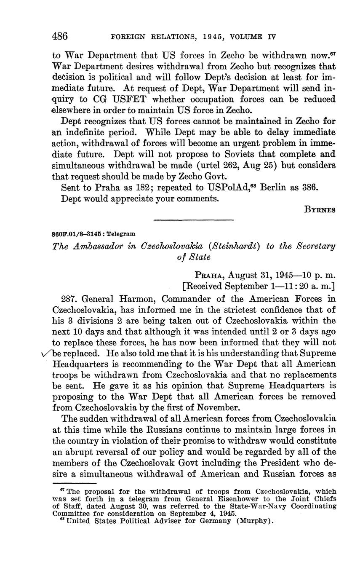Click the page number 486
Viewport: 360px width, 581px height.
pyautogui.click(x=60, y=36)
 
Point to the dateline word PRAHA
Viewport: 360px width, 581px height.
pyautogui.click(x=209, y=275)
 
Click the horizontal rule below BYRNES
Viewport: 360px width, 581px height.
pyautogui.click(x=193, y=220)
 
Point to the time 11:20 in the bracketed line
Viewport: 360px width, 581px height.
pyautogui.click(x=294, y=286)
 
